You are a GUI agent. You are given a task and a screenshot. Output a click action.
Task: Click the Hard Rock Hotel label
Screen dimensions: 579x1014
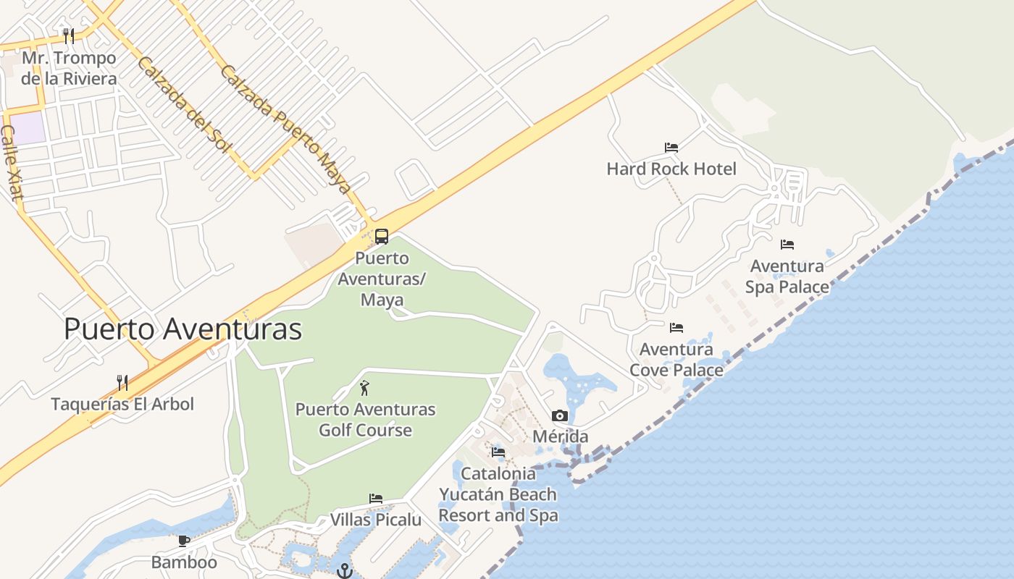click(671, 169)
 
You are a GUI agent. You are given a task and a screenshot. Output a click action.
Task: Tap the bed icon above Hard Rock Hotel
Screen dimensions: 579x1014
click(671, 148)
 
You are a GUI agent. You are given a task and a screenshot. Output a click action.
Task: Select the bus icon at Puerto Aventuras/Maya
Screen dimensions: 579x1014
click(381, 236)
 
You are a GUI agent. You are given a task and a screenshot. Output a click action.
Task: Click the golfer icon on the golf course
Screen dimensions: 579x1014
click(364, 388)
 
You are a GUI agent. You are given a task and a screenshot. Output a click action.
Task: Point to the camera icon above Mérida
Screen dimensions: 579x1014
click(560, 415)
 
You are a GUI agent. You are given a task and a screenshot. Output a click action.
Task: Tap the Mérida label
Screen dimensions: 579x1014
click(560, 436)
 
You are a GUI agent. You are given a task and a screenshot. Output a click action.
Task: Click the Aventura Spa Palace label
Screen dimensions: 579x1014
click(787, 276)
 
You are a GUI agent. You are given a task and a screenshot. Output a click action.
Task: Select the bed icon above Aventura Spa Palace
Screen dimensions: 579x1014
click(787, 245)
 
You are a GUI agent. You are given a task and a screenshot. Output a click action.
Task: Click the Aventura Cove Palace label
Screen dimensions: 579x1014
click(676, 360)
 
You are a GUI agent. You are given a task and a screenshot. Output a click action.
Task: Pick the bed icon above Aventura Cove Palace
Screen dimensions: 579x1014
click(676, 328)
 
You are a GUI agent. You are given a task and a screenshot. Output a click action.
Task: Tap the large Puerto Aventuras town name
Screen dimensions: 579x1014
click(183, 329)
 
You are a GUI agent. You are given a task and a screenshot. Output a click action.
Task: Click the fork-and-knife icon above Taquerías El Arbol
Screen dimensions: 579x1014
click(122, 382)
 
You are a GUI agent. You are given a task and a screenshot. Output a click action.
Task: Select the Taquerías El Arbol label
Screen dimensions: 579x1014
click(122, 404)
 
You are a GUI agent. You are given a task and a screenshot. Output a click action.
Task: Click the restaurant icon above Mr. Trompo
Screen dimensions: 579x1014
click(69, 35)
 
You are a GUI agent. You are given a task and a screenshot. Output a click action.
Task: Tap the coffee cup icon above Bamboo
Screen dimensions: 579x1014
click(184, 541)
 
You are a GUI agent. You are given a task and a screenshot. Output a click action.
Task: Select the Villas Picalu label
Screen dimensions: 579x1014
click(375, 520)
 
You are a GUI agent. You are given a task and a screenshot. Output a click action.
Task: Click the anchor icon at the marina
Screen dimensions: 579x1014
click(345, 570)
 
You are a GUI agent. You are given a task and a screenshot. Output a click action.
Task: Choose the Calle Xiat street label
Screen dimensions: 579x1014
click(13, 162)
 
